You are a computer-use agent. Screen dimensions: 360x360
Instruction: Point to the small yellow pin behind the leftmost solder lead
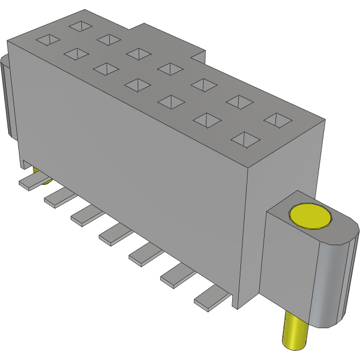point(38,174)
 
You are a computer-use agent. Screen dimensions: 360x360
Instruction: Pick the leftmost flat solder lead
point(32,182)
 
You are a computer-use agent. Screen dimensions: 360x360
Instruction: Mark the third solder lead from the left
point(86,214)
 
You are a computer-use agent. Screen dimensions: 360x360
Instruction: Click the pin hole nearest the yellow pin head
point(245,140)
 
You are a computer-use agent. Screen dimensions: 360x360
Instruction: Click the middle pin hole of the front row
point(139,85)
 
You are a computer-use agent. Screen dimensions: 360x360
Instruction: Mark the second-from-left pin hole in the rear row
point(108,39)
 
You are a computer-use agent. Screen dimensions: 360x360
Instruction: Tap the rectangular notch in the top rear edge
point(198,56)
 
